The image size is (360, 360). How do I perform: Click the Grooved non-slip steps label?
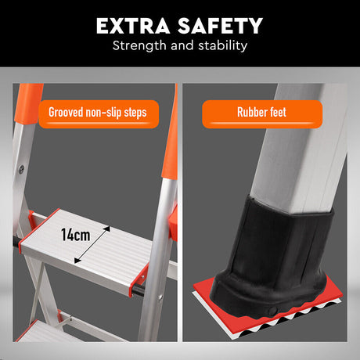[97, 112]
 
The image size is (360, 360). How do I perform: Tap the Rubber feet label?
[261, 112]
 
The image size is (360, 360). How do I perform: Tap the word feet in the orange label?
[276, 112]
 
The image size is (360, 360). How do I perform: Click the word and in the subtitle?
[180, 45]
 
